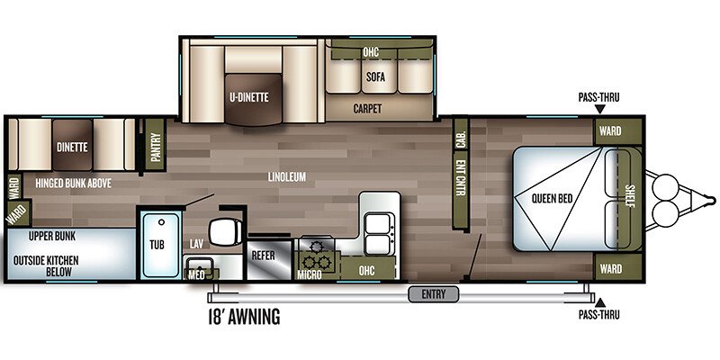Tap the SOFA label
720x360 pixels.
pos(375,76)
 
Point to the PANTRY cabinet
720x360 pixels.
pos(156,143)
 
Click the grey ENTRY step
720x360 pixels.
pos(434,292)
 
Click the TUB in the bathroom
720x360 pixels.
pos(157,242)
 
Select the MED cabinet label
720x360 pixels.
pos(197,274)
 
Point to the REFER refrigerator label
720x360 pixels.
pos(263,256)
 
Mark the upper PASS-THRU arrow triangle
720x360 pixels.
pos(599,109)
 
